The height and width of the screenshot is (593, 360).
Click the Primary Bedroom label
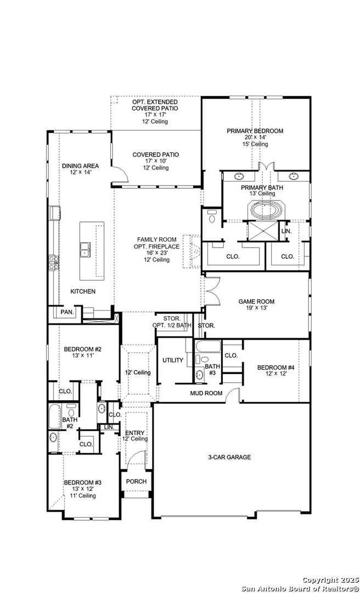(255, 131)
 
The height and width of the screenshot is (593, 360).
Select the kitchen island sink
(85, 250)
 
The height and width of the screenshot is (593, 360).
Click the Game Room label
(256, 301)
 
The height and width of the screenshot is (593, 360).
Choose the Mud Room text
(206, 393)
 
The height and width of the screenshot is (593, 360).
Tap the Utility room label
(173, 360)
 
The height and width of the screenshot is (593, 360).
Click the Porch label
(136, 482)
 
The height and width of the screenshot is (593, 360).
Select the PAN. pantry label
(67, 312)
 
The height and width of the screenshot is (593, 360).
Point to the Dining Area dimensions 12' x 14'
(81, 172)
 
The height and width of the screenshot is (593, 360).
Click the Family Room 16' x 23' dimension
(156, 253)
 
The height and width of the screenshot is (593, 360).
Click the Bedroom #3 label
(82, 483)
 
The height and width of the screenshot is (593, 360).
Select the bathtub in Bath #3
(208, 346)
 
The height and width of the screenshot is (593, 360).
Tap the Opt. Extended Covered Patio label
(155, 105)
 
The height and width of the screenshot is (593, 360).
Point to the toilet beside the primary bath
(212, 216)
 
